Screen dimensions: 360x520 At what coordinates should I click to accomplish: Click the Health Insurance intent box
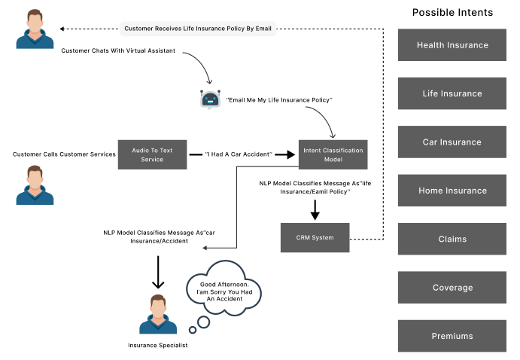click(452, 45)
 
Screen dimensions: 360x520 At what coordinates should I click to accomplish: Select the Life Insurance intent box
click(452, 93)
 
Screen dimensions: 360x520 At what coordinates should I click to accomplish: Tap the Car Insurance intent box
click(452, 142)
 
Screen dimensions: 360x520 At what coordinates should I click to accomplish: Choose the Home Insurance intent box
click(452, 191)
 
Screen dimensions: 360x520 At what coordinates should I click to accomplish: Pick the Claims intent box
click(452, 239)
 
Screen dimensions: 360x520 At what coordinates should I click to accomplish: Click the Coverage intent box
click(452, 287)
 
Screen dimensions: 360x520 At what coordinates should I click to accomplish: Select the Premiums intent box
click(452, 336)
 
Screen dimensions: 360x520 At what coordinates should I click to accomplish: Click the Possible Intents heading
click(452, 13)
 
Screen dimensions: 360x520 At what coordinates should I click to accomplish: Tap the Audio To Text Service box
click(152, 154)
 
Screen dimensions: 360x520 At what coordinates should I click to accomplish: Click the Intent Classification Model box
click(333, 154)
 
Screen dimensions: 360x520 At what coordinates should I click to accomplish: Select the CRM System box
click(315, 237)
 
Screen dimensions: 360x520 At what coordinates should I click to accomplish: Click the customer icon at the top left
click(35, 29)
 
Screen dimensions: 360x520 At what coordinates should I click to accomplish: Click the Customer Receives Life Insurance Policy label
click(199, 29)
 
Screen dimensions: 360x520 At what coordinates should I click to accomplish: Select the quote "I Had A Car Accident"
click(238, 154)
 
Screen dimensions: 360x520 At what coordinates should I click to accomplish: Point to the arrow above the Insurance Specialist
click(158, 271)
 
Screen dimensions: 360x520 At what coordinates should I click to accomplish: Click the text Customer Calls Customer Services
click(64, 154)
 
